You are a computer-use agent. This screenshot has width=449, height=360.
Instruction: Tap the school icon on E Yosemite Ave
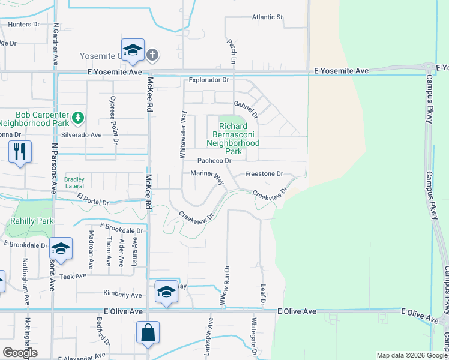[x=133, y=50]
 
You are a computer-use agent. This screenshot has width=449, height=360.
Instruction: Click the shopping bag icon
[x=148, y=332]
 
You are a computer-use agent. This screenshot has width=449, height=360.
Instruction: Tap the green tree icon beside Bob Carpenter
[x=77, y=116]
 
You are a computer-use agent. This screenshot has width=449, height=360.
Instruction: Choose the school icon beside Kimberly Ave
[x=166, y=292]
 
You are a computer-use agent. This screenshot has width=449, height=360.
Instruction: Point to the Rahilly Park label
[x=31, y=221]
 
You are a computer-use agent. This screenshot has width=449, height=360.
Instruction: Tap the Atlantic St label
[x=267, y=17]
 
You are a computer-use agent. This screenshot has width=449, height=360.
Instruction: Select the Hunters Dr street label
[x=24, y=25]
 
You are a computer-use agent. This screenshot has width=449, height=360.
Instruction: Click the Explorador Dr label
[x=209, y=80]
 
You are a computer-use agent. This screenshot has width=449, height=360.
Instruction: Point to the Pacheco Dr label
[x=215, y=161]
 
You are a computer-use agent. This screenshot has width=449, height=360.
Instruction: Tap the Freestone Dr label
[x=264, y=174]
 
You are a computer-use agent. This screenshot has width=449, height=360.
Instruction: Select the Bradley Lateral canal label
[x=74, y=182]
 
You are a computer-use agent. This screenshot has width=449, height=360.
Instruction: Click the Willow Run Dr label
[x=226, y=287]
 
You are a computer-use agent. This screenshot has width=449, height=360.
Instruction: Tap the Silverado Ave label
[x=85, y=136]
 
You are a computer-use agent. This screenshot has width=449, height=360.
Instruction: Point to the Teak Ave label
[x=73, y=277]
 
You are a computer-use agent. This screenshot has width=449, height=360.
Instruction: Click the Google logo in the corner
[x=20, y=353]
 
